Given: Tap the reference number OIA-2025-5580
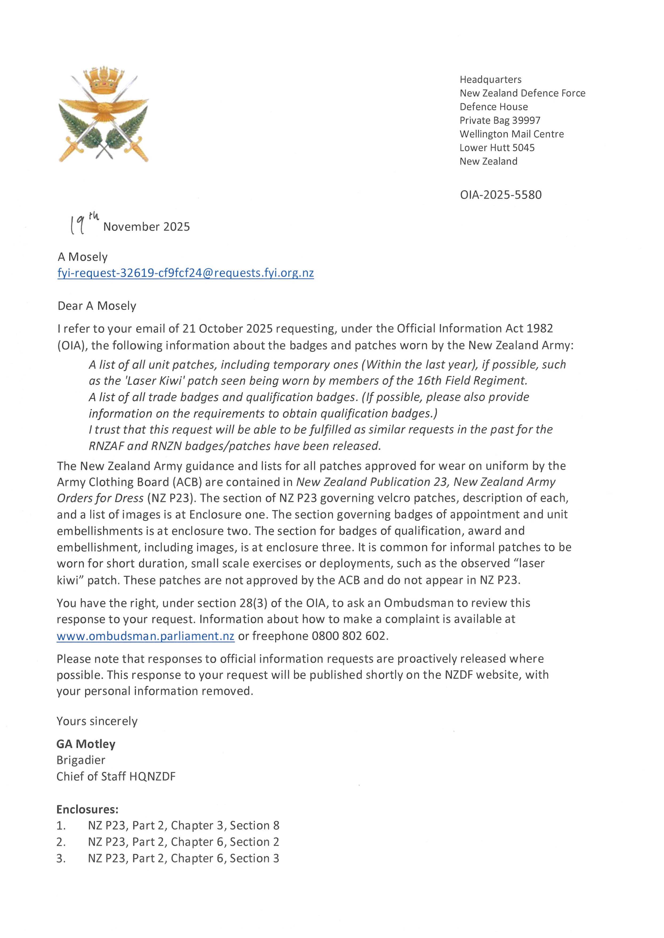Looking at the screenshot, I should (500, 195).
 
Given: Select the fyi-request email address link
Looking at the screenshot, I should (186, 273).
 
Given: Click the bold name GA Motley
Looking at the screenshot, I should (86, 744).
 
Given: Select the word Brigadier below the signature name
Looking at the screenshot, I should (81, 760).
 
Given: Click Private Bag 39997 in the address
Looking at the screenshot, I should (500, 120).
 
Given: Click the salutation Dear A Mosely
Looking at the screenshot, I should (97, 306).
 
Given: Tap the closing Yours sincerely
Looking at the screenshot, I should (97, 721).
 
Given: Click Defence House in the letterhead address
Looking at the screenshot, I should (494, 107).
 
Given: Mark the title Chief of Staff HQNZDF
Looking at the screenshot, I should (116, 777).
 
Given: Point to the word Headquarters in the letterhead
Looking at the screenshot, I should (491, 79).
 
